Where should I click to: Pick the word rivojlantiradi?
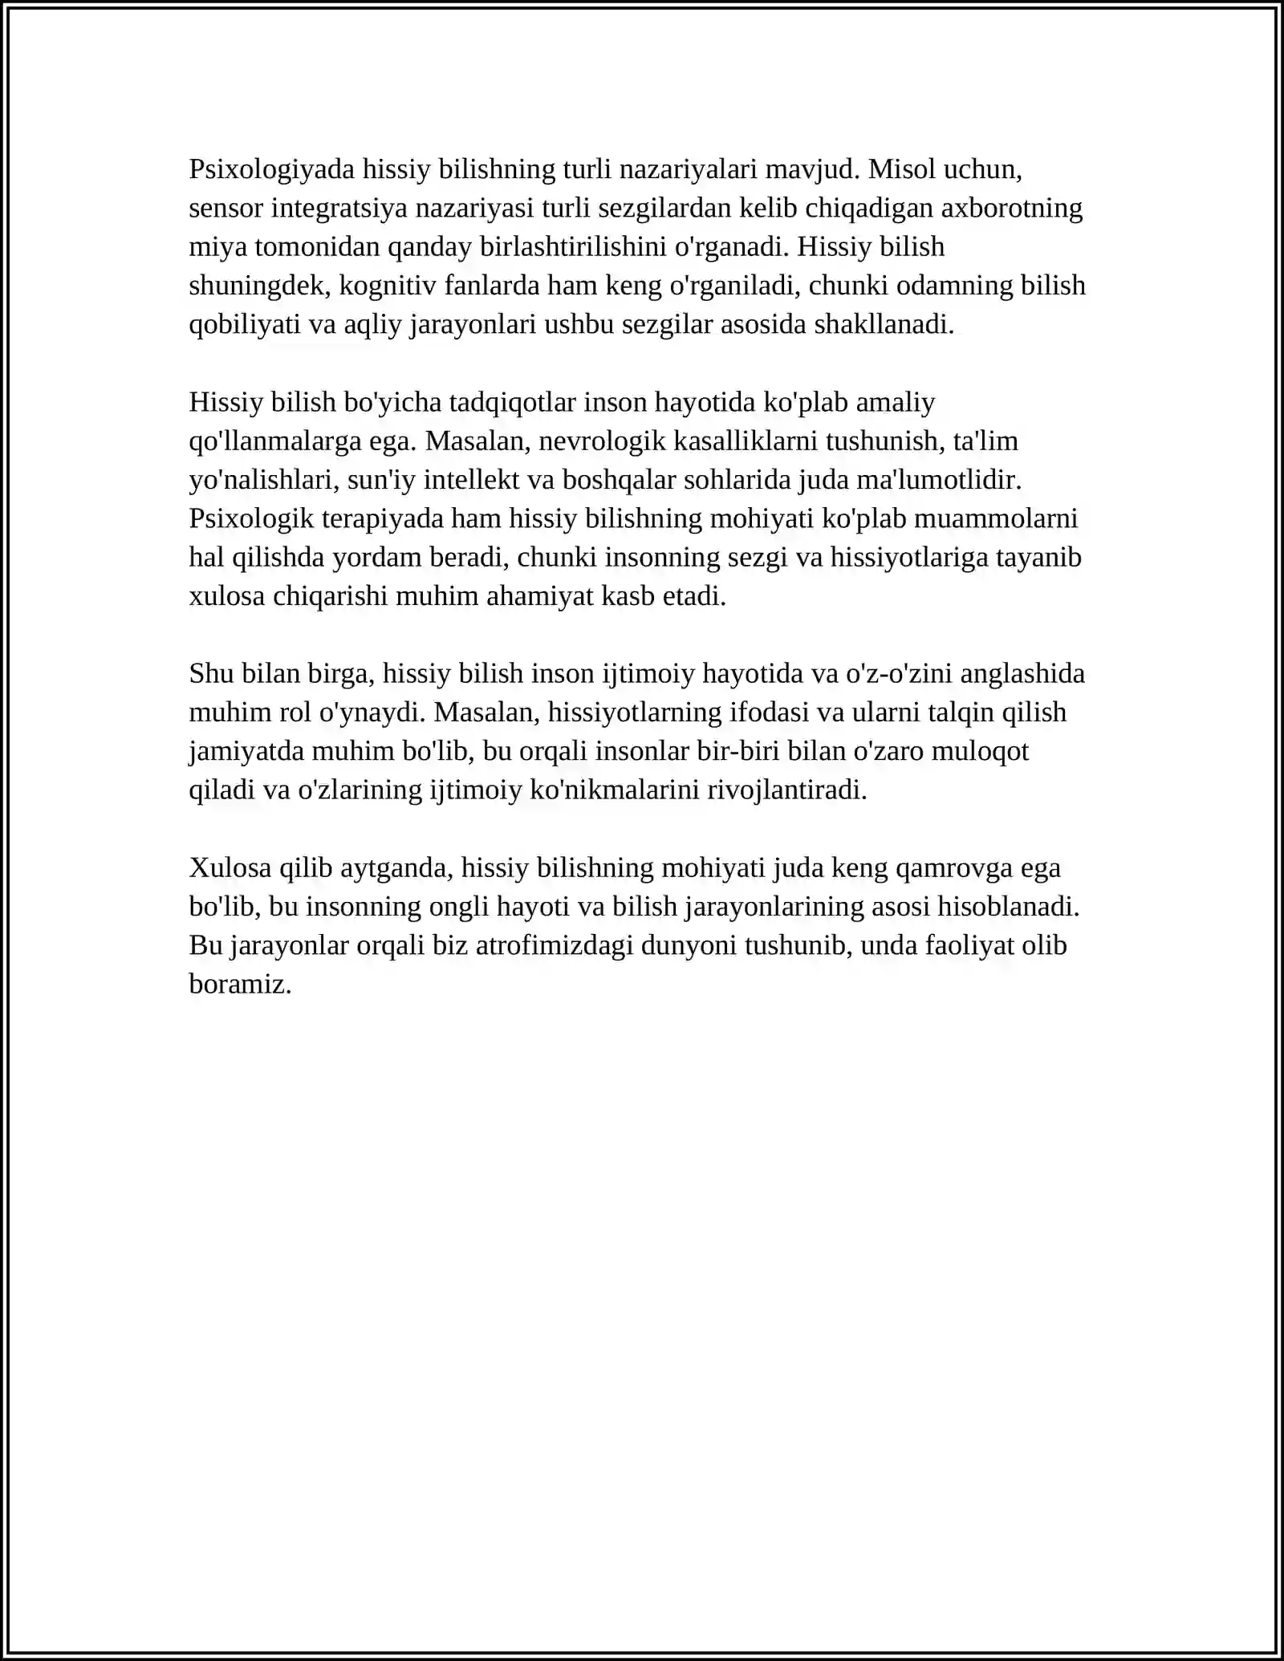click(x=786, y=790)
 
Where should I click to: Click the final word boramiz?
click(x=240, y=985)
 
